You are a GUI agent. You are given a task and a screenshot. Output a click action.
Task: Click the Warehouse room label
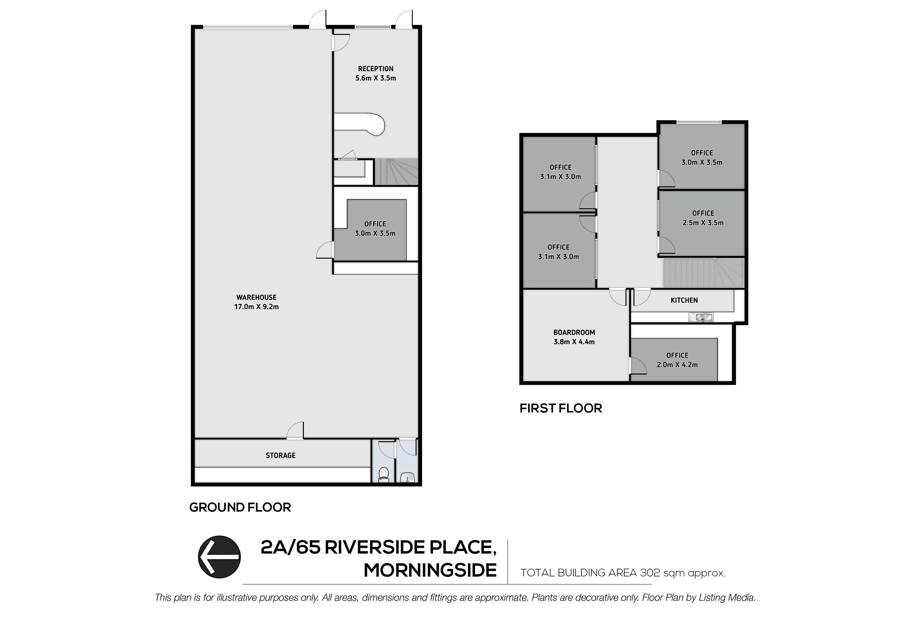(x=257, y=297)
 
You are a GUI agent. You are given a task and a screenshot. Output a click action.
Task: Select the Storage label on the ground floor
(x=281, y=456)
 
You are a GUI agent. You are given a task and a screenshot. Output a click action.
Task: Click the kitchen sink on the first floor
(x=701, y=317)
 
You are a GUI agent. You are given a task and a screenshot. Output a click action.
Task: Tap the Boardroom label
(x=574, y=333)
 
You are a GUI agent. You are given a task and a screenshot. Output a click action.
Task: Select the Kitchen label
(x=684, y=300)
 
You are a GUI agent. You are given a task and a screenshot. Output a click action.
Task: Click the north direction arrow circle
(x=219, y=557)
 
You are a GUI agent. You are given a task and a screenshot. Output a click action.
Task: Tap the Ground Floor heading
(x=240, y=507)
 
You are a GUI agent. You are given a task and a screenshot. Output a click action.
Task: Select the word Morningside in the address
(x=430, y=570)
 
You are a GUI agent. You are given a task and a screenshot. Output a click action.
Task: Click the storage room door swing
(x=295, y=430)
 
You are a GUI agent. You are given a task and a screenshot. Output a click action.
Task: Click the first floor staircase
(x=703, y=273)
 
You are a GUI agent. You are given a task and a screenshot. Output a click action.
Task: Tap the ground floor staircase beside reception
(x=396, y=171)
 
